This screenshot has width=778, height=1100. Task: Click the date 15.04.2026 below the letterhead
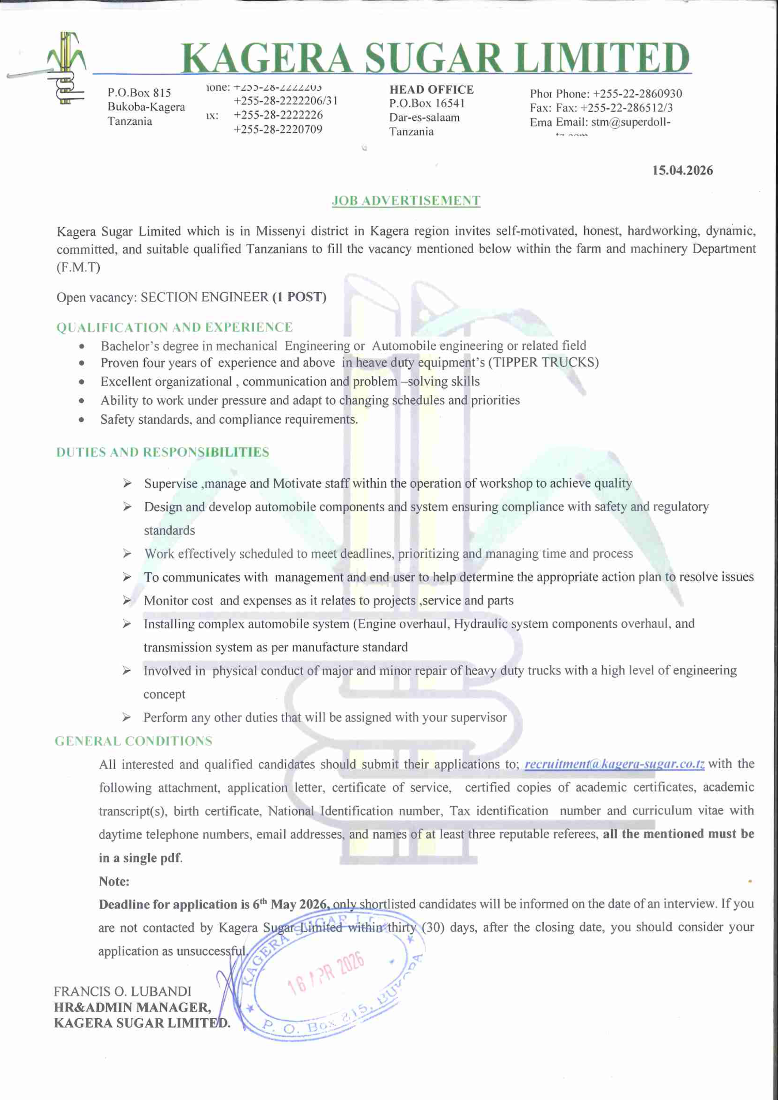(x=682, y=171)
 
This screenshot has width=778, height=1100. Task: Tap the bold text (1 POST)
(x=299, y=297)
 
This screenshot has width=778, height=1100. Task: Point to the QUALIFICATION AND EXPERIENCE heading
(x=175, y=327)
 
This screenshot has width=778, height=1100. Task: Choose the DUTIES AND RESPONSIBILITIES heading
(x=162, y=452)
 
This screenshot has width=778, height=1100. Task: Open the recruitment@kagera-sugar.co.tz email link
(x=614, y=764)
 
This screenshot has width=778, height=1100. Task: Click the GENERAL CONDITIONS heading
(x=133, y=741)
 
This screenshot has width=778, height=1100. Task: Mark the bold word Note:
(x=114, y=881)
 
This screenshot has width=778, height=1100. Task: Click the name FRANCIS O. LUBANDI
(x=122, y=991)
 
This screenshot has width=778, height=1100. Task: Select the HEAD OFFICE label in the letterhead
(x=432, y=90)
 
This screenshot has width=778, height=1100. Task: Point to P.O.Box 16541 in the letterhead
(x=427, y=104)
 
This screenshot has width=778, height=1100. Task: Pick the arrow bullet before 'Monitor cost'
(x=126, y=600)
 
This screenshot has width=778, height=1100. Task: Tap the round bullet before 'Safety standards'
(x=82, y=420)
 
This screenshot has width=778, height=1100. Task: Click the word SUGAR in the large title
(x=433, y=58)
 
